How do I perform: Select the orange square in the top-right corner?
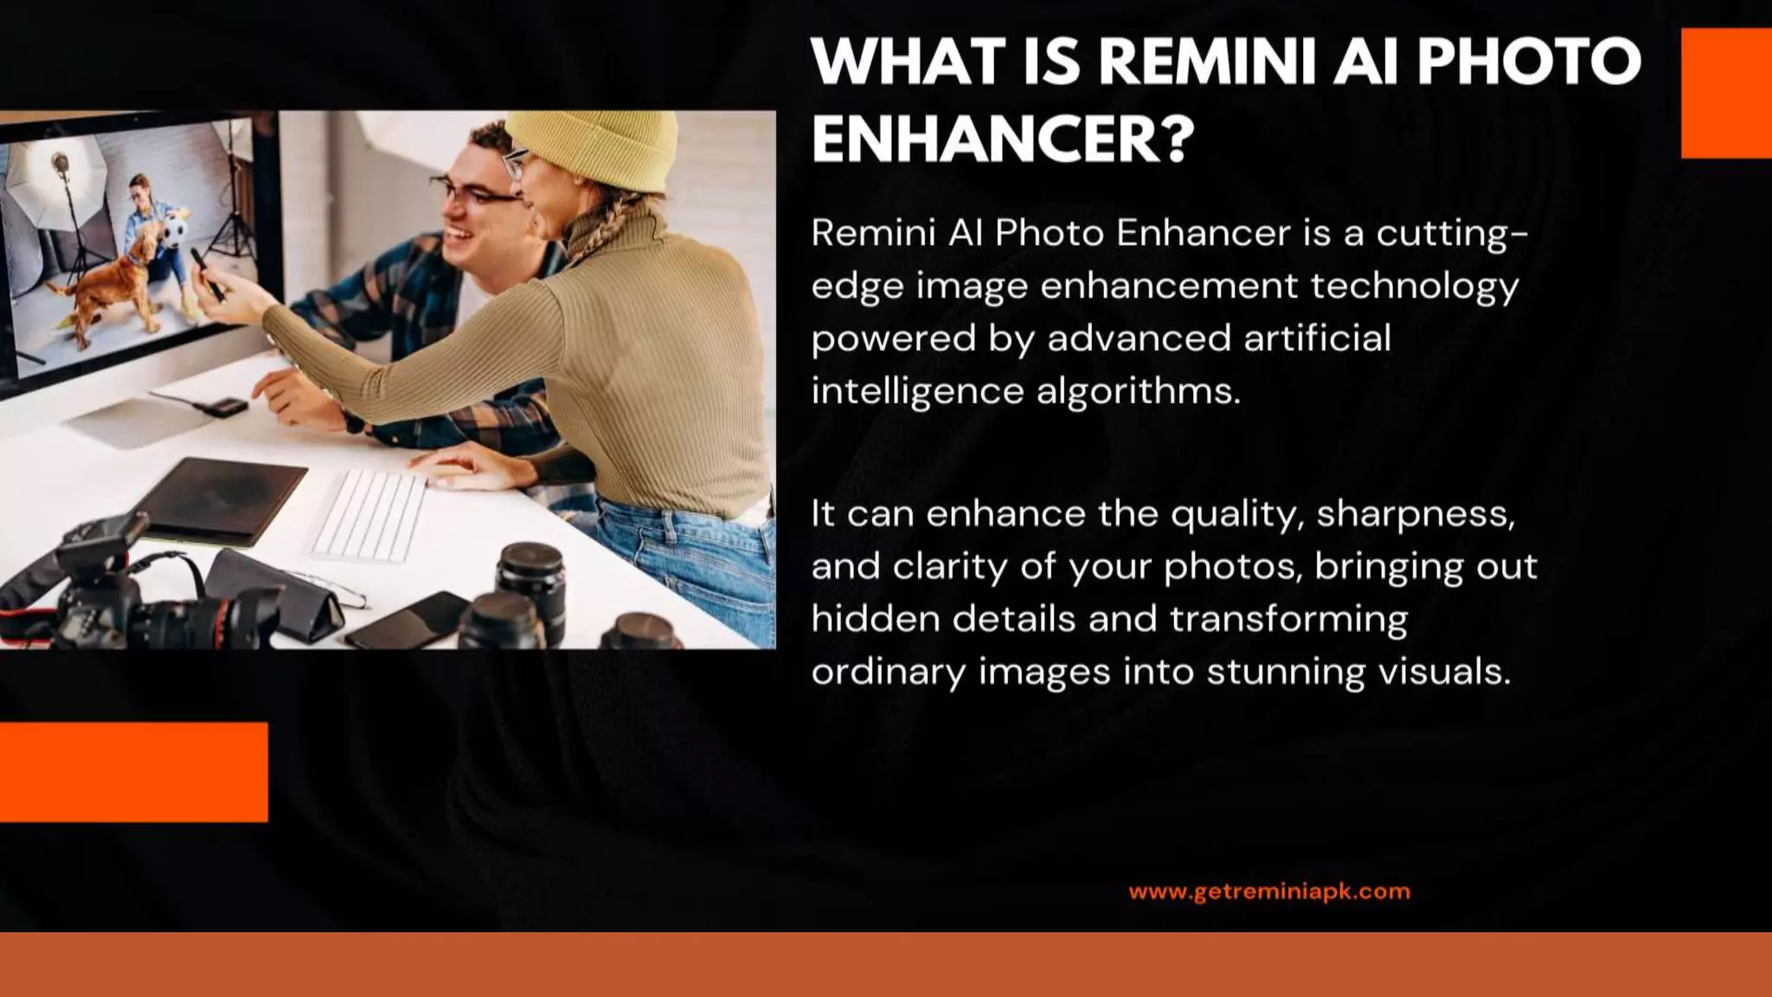click(1726, 93)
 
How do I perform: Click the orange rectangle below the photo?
click(133, 771)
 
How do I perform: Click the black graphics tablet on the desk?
click(221, 498)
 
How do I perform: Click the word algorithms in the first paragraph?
click(1138, 392)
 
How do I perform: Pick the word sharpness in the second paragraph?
click(1415, 515)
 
